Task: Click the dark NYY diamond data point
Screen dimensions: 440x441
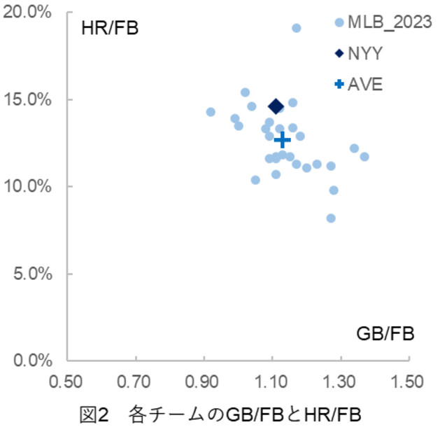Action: [276, 106]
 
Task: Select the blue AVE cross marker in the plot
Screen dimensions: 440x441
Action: [283, 140]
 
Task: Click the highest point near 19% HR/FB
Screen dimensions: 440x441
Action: [297, 28]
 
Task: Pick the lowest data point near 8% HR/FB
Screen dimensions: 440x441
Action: [331, 218]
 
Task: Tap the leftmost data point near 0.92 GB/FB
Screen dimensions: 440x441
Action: [211, 112]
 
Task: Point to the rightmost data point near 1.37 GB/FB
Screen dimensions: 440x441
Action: [364, 157]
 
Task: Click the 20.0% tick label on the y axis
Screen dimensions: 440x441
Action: [27, 13]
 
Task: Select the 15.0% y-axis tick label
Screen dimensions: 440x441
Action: [27, 99]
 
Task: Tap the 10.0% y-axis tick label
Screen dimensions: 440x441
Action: [27, 186]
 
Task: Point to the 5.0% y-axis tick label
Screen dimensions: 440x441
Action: [33, 274]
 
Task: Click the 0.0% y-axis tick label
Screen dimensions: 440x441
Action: [33, 360]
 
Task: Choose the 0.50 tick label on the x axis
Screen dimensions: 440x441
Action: [66, 382]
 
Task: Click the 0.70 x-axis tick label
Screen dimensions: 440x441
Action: [134, 382]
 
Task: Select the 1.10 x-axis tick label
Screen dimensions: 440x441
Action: [271, 382]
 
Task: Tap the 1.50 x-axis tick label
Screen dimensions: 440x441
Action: [407, 382]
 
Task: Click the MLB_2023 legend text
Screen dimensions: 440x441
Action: [390, 22]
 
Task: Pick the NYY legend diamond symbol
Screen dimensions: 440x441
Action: [339, 53]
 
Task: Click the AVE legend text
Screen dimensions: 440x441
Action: [365, 84]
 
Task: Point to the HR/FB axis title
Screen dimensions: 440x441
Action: [110, 29]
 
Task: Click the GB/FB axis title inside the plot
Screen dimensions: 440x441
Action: [385, 334]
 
